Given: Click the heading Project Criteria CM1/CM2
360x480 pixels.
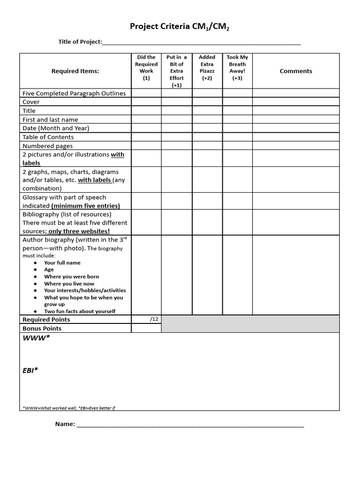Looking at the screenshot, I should [x=180, y=27].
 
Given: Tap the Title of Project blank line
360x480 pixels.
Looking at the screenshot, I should [x=201, y=42].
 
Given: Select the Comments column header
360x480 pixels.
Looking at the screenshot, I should [x=295, y=71].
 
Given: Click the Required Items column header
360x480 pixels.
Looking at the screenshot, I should [x=75, y=71].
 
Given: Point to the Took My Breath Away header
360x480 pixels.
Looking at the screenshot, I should [x=237, y=67].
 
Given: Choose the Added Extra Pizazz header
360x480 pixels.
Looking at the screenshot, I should [x=207, y=67].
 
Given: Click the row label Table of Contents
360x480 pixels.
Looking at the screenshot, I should [x=48, y=137].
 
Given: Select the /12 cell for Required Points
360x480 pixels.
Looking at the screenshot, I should [x=146, y=319].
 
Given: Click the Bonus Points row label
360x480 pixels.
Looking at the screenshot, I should [x=42, y=329].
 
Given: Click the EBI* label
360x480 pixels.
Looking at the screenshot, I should [x=30, y=370].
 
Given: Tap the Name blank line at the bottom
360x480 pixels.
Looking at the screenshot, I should [x=190, y=424].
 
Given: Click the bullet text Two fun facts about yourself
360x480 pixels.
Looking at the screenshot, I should [x=80, y=311].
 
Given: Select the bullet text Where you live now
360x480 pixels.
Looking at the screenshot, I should [x=69, y=284].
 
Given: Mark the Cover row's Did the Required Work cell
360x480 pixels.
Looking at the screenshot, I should [x=146, y=102].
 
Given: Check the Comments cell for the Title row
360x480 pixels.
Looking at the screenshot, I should [x=295, y=111].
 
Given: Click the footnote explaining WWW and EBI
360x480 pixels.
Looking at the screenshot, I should [x=68, y=408].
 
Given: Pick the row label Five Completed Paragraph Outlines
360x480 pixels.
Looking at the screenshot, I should [x=74, y=93].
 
